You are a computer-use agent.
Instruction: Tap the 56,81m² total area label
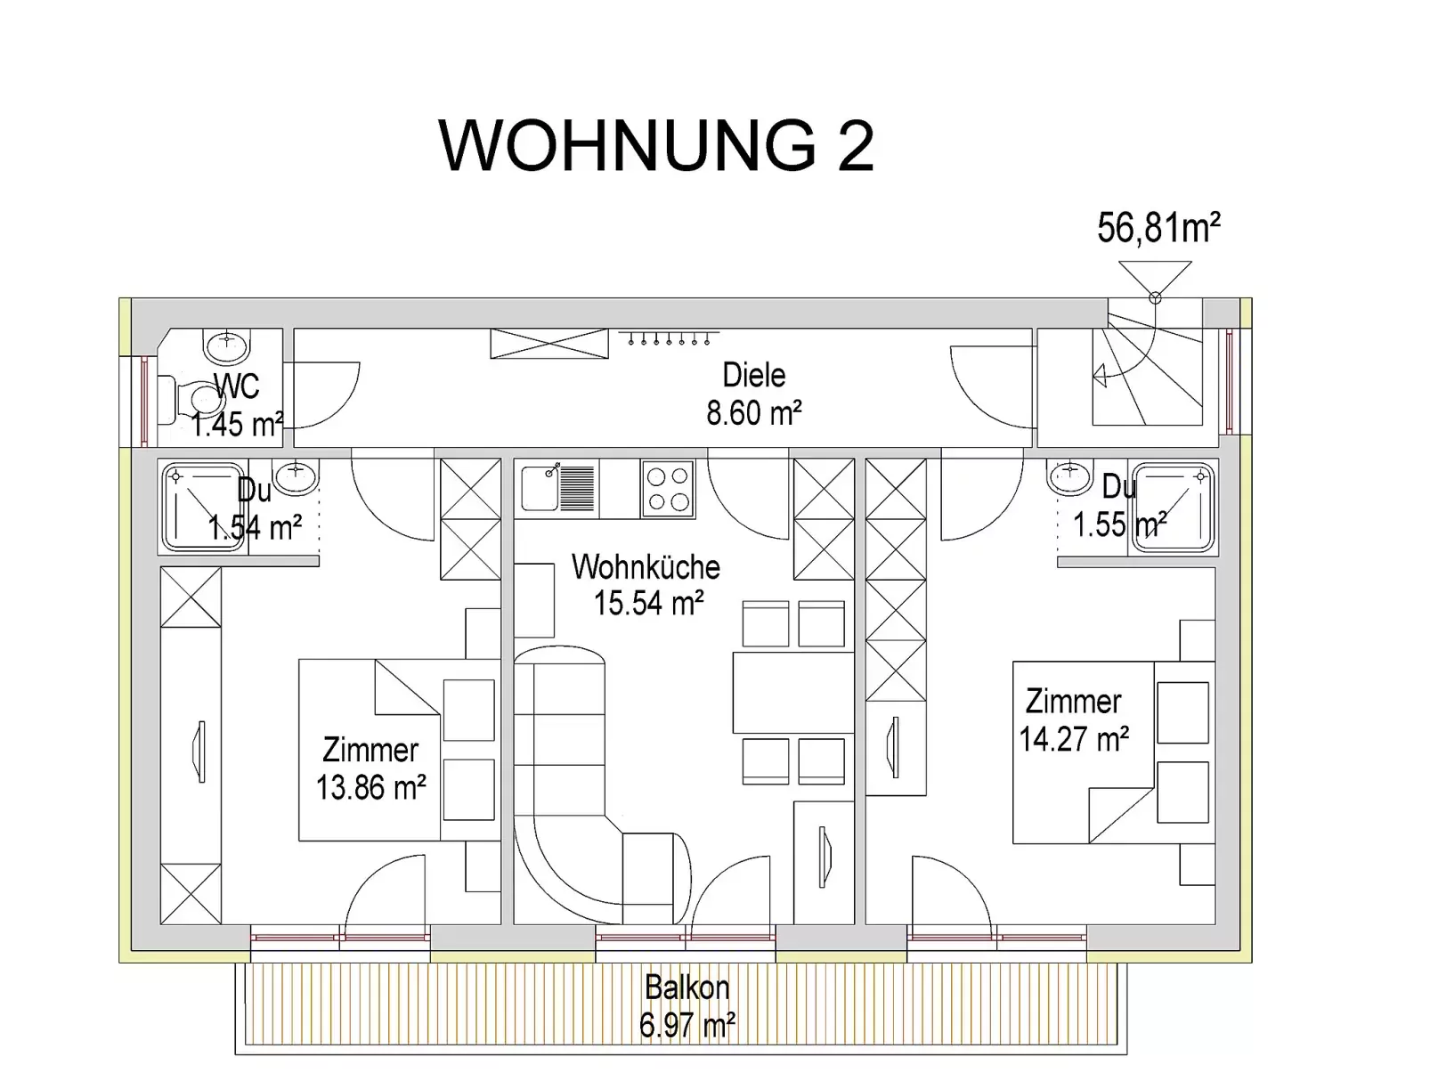coord(1158,227)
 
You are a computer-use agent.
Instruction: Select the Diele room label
coord(754,375)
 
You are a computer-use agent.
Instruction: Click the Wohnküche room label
coord(646,567)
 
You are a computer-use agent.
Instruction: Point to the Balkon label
coord(687,988)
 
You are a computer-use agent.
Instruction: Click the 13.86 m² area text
coord(370,787)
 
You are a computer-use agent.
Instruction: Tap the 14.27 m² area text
coord(1074,739)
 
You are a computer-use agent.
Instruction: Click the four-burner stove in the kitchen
coord(668,489)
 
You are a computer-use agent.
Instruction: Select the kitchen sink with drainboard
coord(558,487)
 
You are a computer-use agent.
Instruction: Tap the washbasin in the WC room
coord(227,345)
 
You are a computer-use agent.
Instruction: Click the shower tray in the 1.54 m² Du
coord(203,507)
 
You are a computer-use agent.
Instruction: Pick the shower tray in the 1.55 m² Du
coord(1173,508)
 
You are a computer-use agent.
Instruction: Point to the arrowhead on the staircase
coord(1100,376)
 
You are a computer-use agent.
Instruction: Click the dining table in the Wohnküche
coord(792,693)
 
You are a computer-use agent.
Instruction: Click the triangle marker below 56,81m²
coord(1155,279)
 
